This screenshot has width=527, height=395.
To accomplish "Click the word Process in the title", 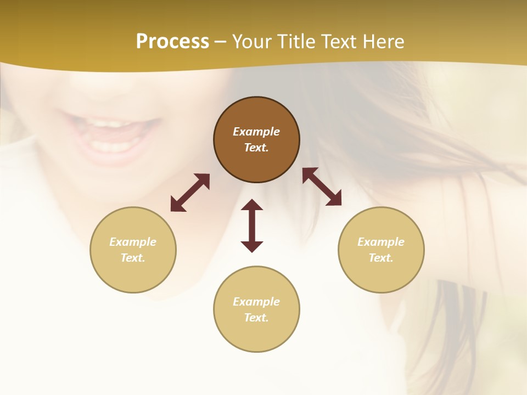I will coord(172,42).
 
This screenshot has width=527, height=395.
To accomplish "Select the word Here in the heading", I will coord(385,42).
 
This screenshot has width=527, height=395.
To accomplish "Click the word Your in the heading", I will coord(251,42).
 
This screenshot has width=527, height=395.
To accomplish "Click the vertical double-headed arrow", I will coord(252,225).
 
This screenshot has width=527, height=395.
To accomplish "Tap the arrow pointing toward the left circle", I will coord(190,193).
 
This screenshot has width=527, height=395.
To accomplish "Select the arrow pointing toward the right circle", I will coord(322,187).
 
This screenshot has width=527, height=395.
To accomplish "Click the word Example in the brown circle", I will coord(256,132).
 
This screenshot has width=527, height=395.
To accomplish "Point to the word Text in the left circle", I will coord(133,258).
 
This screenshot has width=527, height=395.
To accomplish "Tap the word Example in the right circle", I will coord(381,242).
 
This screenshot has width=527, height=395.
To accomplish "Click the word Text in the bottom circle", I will coord(256,318).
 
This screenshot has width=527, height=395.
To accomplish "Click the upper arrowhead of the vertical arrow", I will coord(252,205).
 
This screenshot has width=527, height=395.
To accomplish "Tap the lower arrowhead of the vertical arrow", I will coord(252,246).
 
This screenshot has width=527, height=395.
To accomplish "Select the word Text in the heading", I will coord(340,42).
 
